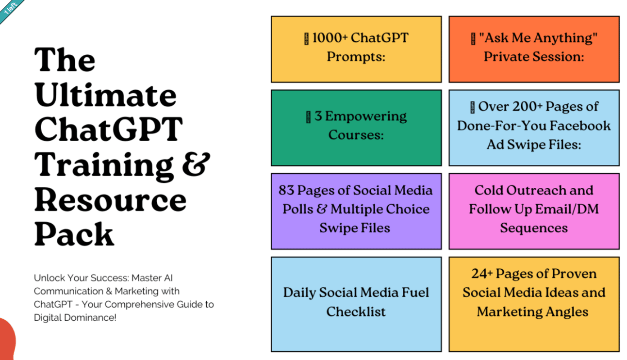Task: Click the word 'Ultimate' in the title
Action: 105,95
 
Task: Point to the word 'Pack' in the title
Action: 74,234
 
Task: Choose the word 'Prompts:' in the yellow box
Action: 356,57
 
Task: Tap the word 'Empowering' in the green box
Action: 366,116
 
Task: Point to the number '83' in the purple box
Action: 286,190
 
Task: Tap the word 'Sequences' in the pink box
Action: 534,228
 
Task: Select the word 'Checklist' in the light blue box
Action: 356,311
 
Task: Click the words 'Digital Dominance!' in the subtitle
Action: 75,318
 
